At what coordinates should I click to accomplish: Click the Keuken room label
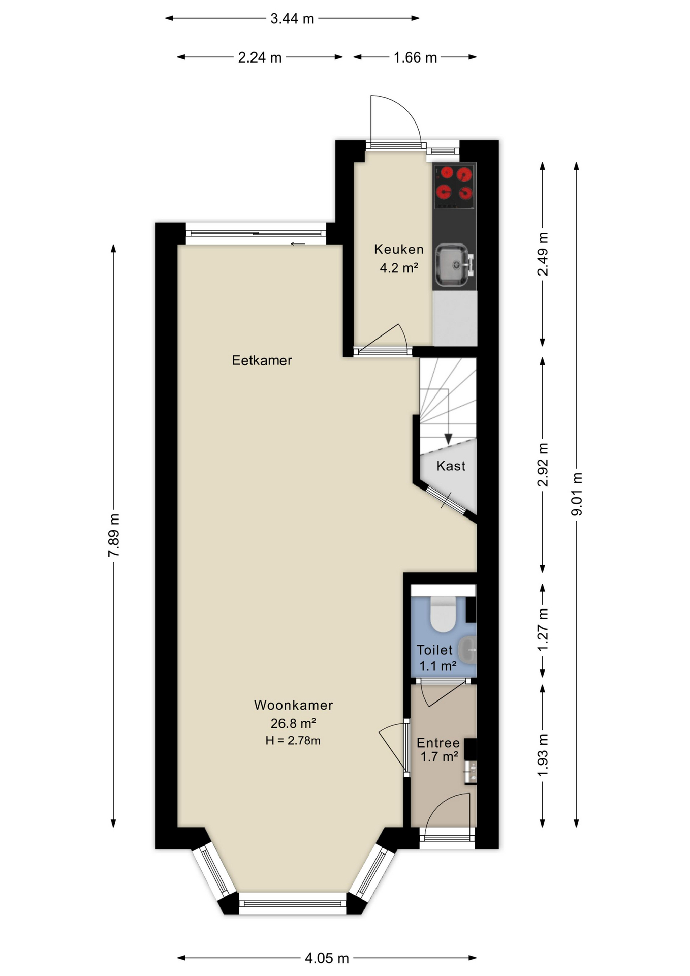point(399,249)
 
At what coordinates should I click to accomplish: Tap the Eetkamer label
point(262,360)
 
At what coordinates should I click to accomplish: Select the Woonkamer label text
point(293,705)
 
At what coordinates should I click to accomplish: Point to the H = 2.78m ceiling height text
point(293,740)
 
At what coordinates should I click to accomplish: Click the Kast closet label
point(451,466)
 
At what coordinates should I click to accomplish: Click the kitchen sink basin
point(453,264)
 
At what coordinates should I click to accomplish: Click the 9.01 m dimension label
point(576,494)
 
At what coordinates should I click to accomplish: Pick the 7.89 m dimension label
point(113,535)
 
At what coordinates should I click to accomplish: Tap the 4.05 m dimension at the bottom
point(327,958)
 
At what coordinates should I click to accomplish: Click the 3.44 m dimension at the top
point(292,19)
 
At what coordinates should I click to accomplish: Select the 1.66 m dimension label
point(415,57)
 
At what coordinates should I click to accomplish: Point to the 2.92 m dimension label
point(543,465)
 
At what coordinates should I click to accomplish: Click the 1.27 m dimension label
point(543,629)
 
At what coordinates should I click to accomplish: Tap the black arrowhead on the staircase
point(448,439)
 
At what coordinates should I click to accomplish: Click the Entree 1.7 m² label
point(438,749)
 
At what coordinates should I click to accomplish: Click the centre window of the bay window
point(292,903)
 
